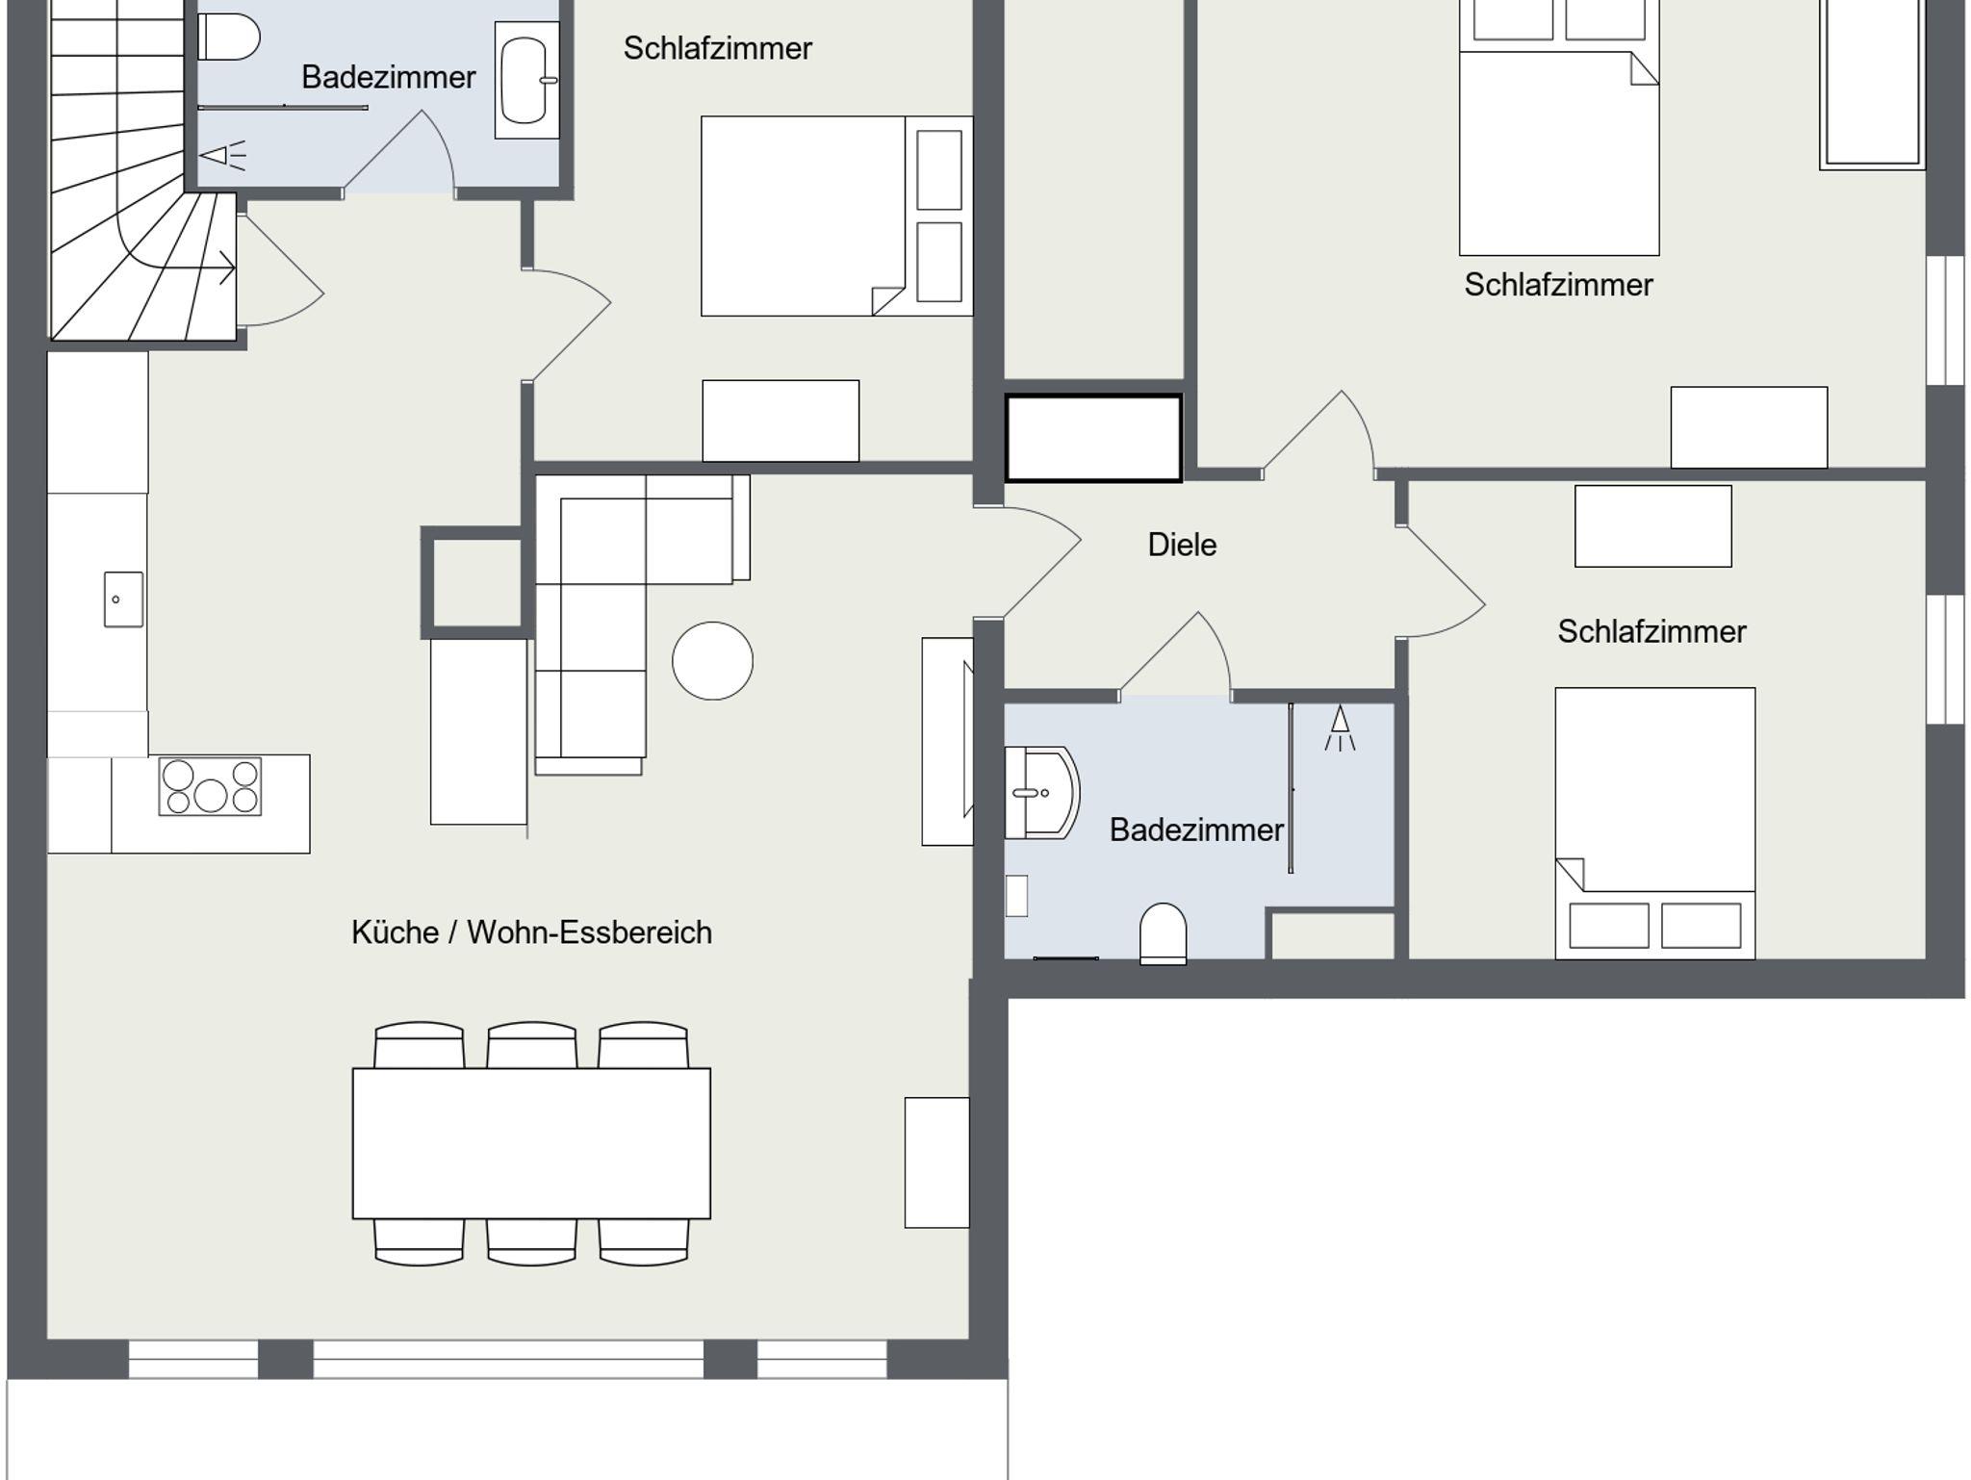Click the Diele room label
pos(1182,545)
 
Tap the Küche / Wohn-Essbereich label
pos(531,932)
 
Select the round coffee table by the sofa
pos(712,660)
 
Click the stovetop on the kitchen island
pos(210,787)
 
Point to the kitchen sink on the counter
pos(123,600)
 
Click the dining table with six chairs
pos(531,1143)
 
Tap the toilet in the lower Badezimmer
pos(1163,933)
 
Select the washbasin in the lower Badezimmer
pos(1041,793)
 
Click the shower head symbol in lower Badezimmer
pos(1340,727)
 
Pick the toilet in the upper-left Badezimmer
pos(229,38)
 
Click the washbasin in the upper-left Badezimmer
pos(526,81)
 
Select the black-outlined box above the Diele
pos(1093,438)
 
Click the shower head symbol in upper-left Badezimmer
pos(222,155)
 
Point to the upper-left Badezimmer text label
pos(389,77)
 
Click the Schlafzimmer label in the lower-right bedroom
pos(1651,631)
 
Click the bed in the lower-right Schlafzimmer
pos(1655,824)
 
